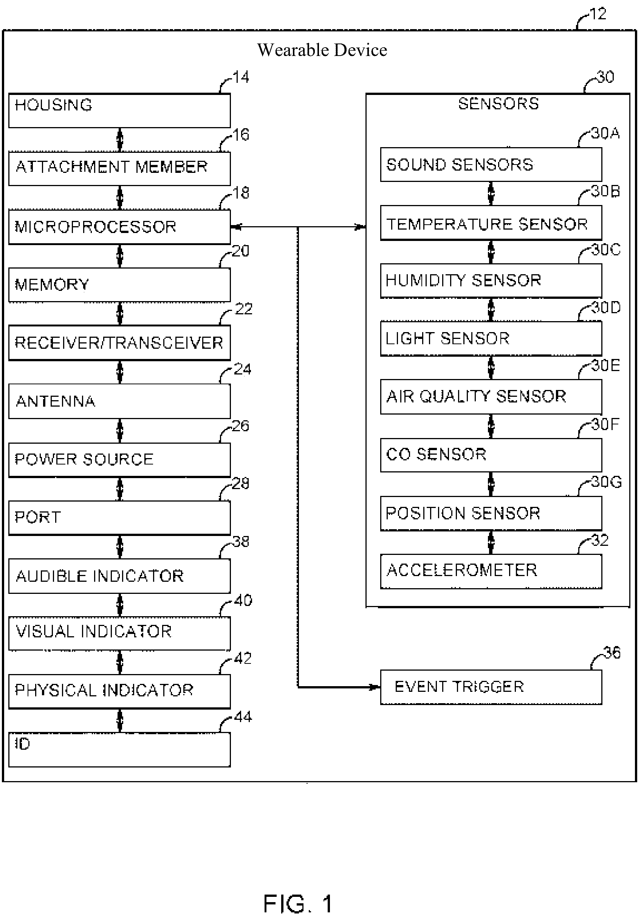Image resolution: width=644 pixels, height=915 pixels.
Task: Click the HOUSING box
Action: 119,110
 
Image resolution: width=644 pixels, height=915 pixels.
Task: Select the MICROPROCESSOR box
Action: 119,227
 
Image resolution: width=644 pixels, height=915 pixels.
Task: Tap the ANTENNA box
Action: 119,401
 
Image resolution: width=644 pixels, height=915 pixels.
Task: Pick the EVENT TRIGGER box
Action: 491,687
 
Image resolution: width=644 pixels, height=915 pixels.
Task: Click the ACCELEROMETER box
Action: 491,571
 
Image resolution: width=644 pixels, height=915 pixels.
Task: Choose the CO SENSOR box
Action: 491,455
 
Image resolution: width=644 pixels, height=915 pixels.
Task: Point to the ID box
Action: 119,749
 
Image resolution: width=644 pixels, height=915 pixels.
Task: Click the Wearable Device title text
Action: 322,50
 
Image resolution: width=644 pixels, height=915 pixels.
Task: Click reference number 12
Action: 598,14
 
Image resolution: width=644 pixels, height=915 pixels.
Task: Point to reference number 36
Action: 612,653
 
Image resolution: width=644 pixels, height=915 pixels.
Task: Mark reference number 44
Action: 243,717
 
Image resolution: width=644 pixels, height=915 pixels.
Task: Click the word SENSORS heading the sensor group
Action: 498,104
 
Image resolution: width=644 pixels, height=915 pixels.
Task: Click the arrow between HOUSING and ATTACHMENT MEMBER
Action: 120,140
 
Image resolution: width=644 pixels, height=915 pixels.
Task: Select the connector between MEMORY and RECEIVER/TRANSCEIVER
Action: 120,314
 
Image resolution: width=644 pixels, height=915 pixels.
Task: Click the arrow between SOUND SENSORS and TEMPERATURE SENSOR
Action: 491,193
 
